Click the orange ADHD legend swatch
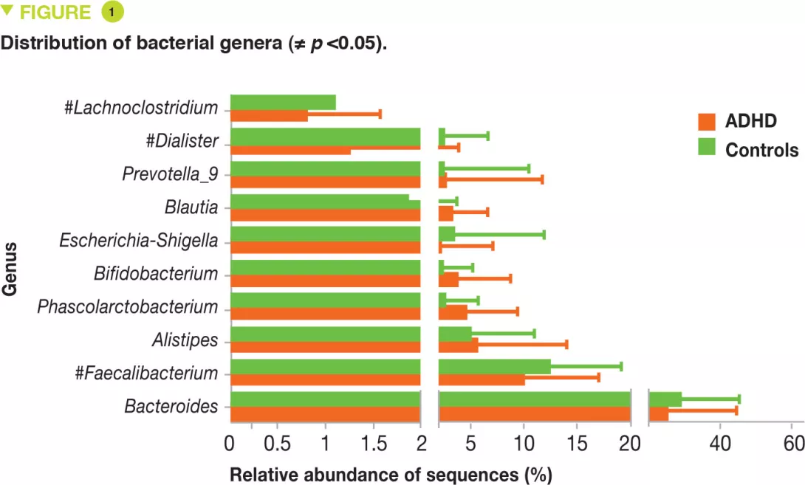point(708,121)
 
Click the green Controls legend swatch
point(708,149)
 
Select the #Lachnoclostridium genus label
point(142,108)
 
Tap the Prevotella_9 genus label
point(171,174)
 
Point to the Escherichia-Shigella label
point(139,241)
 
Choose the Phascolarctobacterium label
point(128,306)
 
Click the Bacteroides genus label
point(171,406)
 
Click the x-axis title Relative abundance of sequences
point(391,474)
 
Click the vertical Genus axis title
point(10,267)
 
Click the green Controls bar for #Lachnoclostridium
point(283,102)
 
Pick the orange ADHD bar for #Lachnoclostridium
point(269,115)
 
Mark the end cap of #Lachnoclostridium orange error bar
point(380,114)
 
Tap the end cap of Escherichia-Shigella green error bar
point(544,235)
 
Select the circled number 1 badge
point(112,13)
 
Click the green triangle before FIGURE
point(8,10)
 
